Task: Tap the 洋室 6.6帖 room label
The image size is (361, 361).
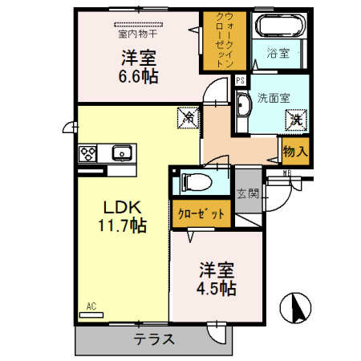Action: click(x=138, y=66)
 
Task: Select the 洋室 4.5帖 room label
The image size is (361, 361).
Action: click(x=216, y=277)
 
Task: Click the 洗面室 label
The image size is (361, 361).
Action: click(x=272, y=99)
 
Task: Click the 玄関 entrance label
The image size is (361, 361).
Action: click(x=247, y=193)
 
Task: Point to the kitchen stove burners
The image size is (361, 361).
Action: click(x=88, y=153)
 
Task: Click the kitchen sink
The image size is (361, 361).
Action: click(x=122, y=152)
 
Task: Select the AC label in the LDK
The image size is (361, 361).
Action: click(x=91, y=306)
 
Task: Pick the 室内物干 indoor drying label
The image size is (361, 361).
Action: click(x=136, y=34)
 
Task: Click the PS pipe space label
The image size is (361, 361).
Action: click(x=240, y=79)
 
